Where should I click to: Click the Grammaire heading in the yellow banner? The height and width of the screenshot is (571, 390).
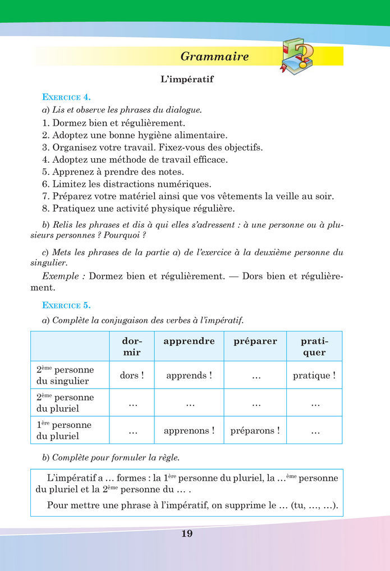[215, 57]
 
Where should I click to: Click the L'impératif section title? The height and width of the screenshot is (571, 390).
[187, 80]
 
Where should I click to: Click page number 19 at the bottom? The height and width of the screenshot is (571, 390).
[187, 533]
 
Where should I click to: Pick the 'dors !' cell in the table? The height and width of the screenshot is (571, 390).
[132, 375]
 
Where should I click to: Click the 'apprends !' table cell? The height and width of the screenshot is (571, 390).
[189, 375]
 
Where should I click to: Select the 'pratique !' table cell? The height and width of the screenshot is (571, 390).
[314, 375]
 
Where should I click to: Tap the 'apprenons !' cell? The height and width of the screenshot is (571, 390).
[189, 431]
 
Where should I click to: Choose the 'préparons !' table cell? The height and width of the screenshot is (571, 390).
[255, 431]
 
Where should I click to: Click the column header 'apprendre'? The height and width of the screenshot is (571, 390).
[189, 341]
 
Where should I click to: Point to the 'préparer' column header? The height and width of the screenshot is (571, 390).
[255, 341]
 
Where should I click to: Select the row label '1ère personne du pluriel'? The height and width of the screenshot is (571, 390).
[65, 430]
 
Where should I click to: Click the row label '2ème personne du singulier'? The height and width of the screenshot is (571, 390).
[65, 375]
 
